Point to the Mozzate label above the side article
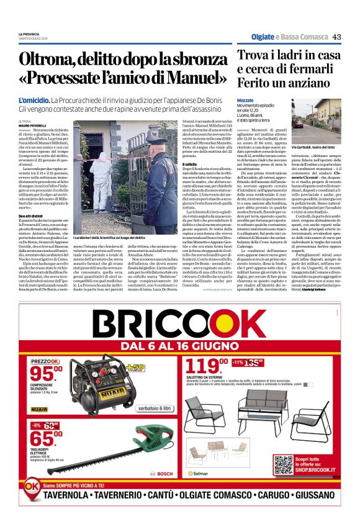pos(245,99)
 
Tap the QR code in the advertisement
pos(282,465)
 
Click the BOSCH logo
pos(164,474)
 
